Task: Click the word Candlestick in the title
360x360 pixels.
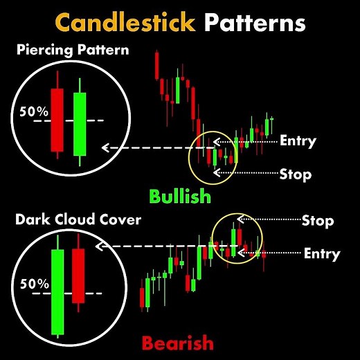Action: pos(125,23)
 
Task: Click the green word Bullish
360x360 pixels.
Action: pos(181,196)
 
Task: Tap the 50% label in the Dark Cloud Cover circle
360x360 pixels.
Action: pos(33,283)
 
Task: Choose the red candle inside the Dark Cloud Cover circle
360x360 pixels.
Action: pos(78,276)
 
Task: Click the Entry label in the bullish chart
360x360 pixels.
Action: pos(298,141)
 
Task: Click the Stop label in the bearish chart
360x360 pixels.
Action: pos(318,221)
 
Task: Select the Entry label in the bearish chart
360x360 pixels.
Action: pos(322,253)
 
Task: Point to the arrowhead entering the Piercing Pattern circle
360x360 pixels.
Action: pos(105,147)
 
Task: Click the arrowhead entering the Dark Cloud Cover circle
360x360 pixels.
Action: pos(100,246)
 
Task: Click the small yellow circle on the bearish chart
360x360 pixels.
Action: pos(237,238)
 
